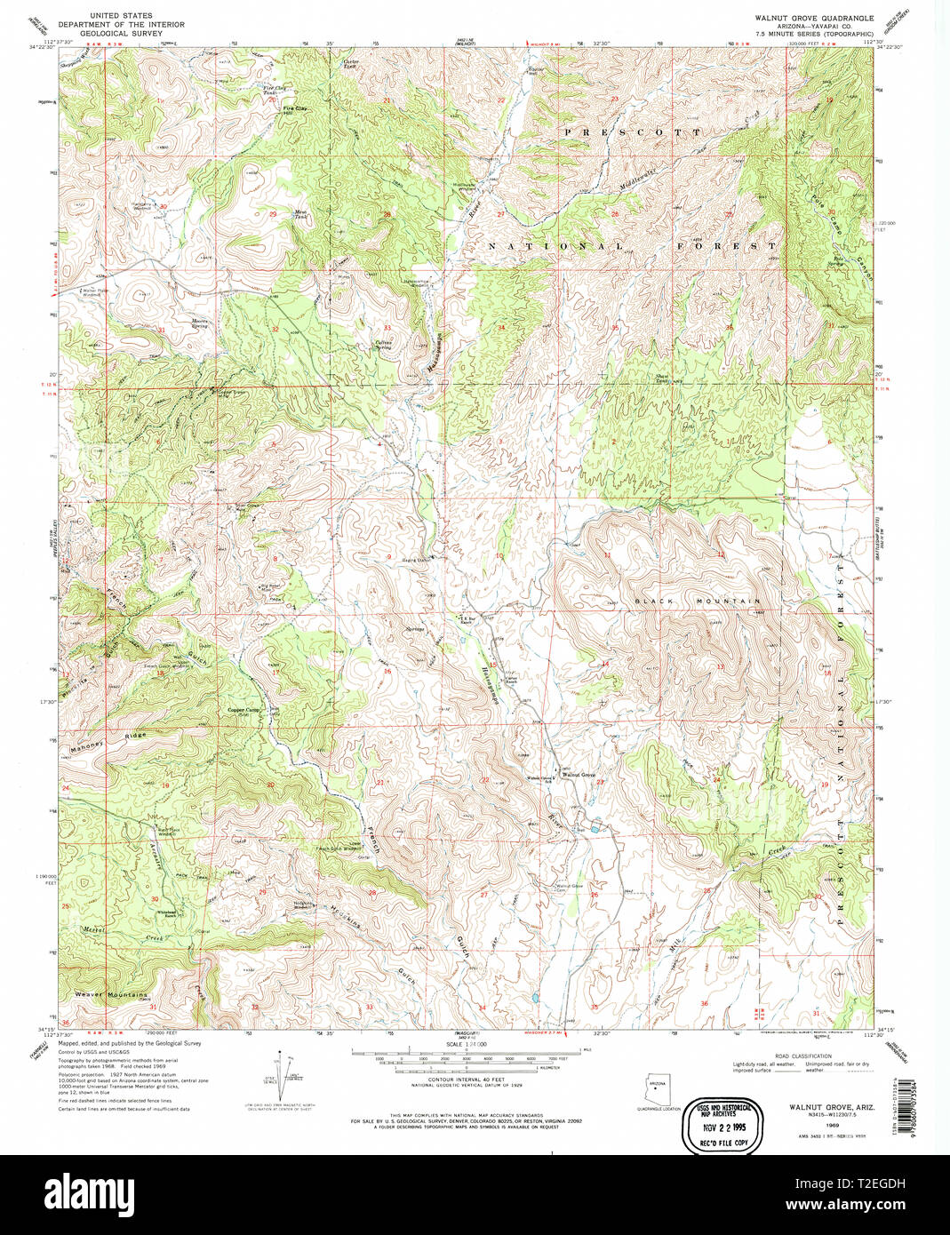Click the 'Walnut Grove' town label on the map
click(x=578, y=774)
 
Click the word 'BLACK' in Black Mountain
click(x=656, y=602)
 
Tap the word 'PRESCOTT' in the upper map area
click(x=631, y=131)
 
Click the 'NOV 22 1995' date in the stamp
click(x=717, y=1123)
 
